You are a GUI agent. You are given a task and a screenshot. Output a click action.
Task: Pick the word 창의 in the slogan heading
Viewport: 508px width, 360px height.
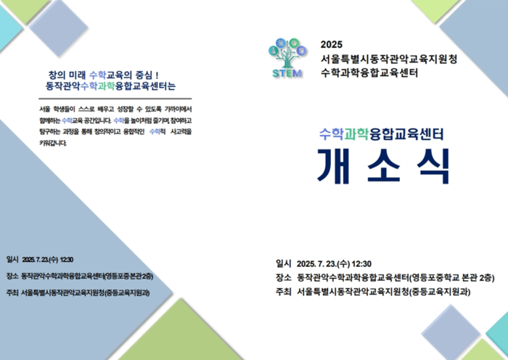[x=57, y=74]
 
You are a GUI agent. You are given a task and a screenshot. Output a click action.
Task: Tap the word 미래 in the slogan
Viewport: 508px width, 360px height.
[x=77, y=74]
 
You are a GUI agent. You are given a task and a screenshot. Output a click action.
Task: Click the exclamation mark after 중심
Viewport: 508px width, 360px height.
[x=157, y=74]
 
